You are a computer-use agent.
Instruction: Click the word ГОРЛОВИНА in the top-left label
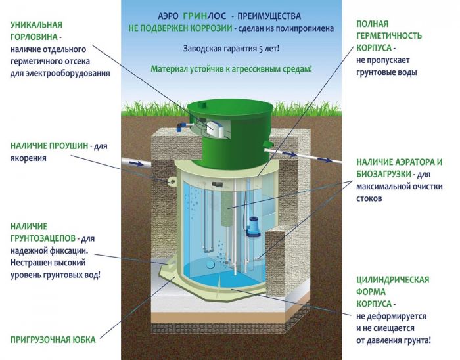tap(33, 37)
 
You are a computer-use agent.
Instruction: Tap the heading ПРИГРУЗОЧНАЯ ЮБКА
tap(53, 340)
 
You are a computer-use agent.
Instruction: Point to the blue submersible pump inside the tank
tap(254, 225)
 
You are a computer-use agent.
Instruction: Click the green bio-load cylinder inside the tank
tap(227, 217)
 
